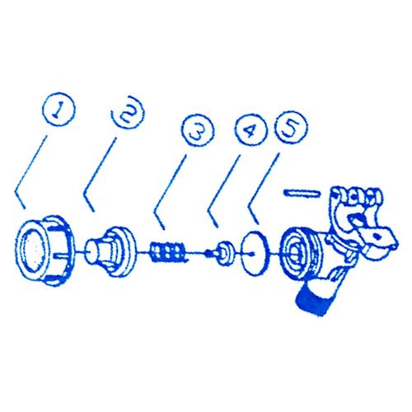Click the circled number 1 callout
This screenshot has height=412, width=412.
[x=59, y=110]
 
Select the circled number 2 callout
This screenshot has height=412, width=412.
[x=129, y=112]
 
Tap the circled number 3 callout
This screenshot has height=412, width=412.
[x=199, y=130]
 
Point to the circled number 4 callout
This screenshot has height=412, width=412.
[x=250, y=129]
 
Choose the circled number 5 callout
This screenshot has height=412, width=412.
[x=292, y=127]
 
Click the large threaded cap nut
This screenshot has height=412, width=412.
[x=46, y=249]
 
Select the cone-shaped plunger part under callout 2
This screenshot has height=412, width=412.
[x=111, y=251]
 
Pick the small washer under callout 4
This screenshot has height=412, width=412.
[x=225, y=253]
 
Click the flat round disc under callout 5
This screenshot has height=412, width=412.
[x=254, y=253]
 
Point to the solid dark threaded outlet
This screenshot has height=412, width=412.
[x=314, y=300]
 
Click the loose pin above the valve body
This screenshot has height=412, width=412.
[x=302, y=193]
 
